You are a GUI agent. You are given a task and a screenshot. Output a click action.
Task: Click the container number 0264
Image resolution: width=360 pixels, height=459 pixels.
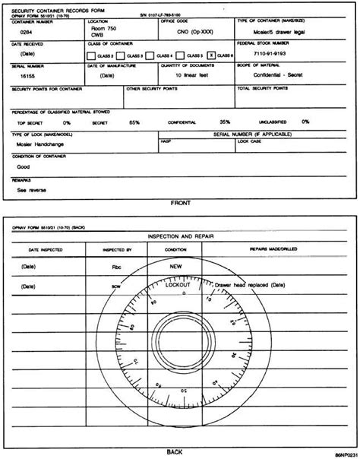tap(27, 33)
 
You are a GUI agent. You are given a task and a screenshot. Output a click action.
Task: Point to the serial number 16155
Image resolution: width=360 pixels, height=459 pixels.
tap(27, 76)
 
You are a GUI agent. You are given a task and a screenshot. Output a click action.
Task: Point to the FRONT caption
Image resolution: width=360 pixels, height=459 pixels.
tap(180, 203)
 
